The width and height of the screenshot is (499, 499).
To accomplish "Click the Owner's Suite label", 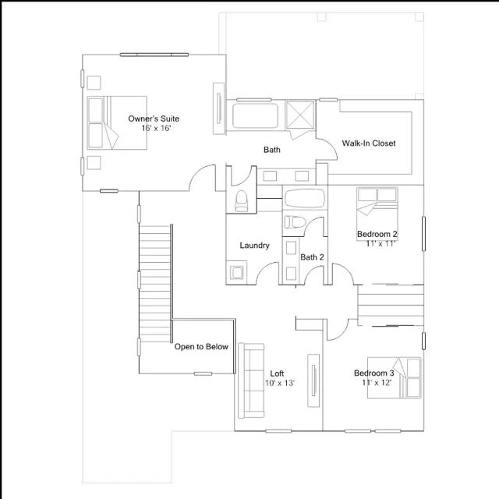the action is click(154, 119).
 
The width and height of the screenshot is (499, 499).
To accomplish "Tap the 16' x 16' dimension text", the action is click(156, 128).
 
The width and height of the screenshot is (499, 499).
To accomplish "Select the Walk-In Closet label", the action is click(369, 143).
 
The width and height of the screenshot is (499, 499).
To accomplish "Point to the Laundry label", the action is click(255, 246).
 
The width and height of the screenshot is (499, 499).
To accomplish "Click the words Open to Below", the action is click(201, 346).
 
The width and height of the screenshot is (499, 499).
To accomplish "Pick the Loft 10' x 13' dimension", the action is click(280, 383).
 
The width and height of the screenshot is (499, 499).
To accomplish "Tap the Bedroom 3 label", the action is click(374, 373).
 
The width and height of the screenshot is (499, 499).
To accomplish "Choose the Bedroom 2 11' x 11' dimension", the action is click(380, 244).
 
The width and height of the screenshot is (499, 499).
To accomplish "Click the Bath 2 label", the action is click(312, 257).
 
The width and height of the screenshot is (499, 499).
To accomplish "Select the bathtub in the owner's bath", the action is click(255, 116).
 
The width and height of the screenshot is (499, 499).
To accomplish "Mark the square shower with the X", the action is click(300, 115).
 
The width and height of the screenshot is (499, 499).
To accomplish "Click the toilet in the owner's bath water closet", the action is click(241, 201).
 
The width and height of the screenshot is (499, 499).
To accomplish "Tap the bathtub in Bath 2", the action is click(305, 199).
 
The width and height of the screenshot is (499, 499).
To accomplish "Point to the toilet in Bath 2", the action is click(295, 222).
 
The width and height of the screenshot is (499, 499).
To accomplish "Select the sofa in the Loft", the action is click(251, 380).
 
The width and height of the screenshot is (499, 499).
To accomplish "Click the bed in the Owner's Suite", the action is click(117, 123).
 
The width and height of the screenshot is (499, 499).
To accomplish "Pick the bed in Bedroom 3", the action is click(395, 377).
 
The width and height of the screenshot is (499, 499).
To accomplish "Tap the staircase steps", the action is click(155, 284).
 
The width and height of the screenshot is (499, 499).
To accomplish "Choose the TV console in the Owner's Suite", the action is click(218, 108).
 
